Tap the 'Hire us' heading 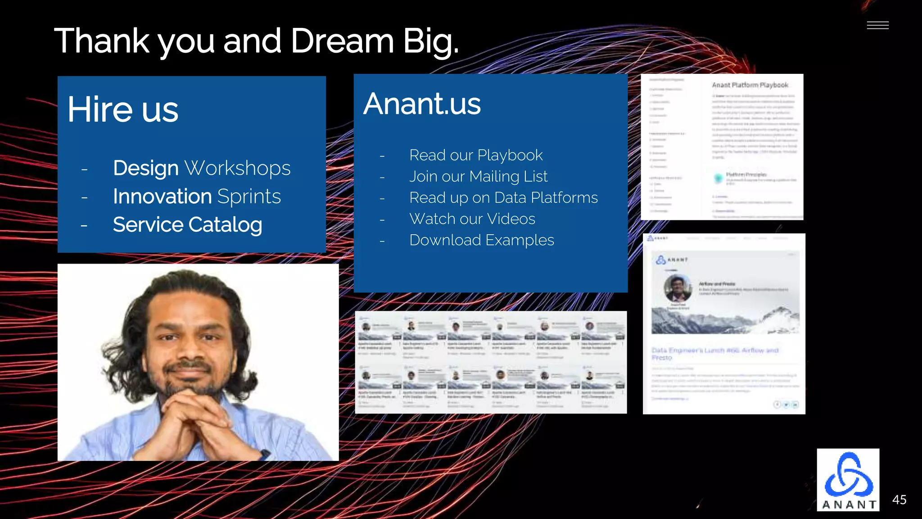point(123,109)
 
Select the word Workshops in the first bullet point(238,168)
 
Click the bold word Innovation point(162,196)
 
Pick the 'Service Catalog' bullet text point(187,225)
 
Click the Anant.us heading point(422,104)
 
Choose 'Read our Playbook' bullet point(476,155)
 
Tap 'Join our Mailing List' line point(478,176)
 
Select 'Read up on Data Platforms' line point(503,197)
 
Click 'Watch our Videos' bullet point(472,219)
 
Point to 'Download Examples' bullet point(481,240)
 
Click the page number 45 point(899,500)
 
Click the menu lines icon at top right point(877,26)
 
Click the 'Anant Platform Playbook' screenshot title point(750,85)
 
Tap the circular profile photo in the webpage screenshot point(678,287)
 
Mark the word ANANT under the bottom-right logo point(849,505)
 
